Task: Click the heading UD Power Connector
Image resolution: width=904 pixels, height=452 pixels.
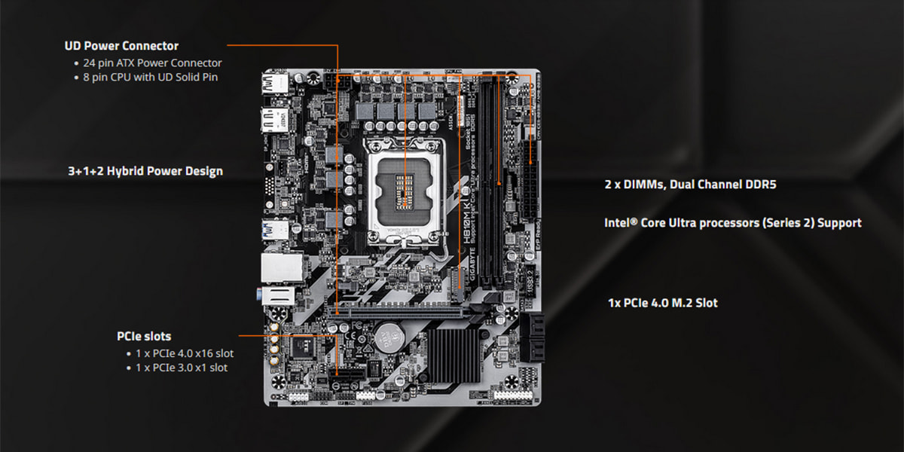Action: (x=121, y=46)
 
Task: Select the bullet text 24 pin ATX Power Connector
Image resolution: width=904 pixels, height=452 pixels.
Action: (x=152, y=63)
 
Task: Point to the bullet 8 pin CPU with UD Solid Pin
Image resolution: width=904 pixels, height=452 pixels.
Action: (x=151, y=77)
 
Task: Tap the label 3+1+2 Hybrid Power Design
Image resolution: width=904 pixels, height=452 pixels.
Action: (x=145, y=171)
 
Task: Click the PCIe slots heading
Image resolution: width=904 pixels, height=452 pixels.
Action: (x=144, y=337)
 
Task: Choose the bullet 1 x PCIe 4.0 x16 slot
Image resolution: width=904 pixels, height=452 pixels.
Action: (x=185, y=353)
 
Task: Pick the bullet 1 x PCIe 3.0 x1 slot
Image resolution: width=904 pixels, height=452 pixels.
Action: (x=181, y=368)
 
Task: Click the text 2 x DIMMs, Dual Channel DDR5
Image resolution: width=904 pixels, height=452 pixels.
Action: (x=690, y=185)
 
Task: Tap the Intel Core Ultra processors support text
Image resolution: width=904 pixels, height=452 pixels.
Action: (x=733, y=223)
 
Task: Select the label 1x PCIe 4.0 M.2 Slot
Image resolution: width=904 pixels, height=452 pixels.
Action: (x=663, y=303)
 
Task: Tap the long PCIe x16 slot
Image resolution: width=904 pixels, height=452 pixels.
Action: (x=399, y=310)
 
